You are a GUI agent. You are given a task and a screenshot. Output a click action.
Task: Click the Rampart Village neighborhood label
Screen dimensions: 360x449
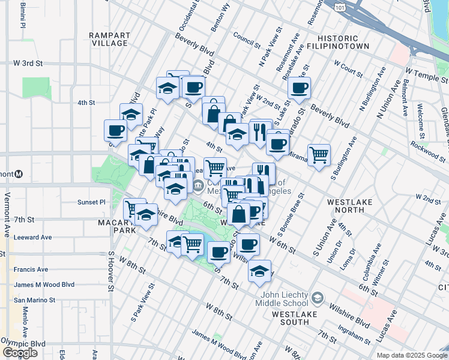(x=109, y=39)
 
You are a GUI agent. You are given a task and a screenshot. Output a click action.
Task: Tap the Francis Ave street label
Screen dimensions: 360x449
(x=31, y=270)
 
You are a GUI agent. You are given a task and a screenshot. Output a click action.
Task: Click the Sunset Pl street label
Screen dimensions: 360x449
(x=91, y=203)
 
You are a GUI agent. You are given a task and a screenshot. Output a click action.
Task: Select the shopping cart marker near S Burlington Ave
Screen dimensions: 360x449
(x=319, y=154)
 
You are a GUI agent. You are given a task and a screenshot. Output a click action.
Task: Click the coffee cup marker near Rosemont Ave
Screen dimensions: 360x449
(x=298, y=88)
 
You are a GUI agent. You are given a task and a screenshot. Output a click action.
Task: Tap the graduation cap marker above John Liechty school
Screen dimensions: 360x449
(x=259, y=271)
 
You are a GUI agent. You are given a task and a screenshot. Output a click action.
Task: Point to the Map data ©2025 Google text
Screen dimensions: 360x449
(x=412, y=355)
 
